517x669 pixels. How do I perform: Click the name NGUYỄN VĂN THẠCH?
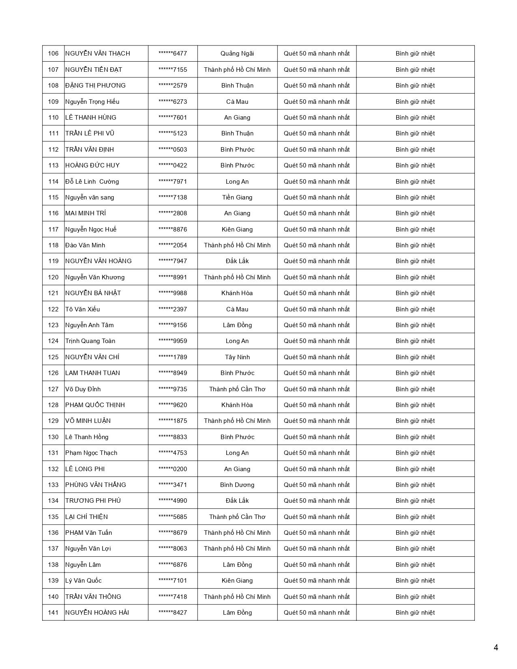(97, 54)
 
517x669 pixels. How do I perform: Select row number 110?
(53, 118)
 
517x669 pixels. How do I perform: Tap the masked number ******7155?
(173, 70)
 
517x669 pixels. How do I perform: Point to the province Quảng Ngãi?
(237, 54)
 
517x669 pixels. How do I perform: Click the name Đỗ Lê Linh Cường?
(92, 182)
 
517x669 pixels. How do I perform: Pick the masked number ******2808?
(173, 213)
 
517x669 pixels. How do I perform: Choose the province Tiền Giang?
(237, 197)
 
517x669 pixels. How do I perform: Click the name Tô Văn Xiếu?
(82, 309)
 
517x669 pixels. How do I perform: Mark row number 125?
(53, 357)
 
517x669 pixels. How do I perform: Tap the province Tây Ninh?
(237, 357)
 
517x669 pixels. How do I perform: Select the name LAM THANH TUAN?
(92, 373)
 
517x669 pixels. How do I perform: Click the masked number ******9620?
(173, 405)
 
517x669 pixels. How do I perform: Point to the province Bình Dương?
(237, 485)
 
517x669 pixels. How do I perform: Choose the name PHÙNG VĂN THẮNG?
(96, 485)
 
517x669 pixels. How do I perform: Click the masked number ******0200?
(173, 469)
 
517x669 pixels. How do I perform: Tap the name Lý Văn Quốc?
(84, 581)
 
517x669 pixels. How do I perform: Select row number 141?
(53, 613)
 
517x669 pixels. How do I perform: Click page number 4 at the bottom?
(496, 648)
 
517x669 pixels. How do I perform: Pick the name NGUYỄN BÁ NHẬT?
(93, 293)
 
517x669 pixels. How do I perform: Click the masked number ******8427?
(173, 613)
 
